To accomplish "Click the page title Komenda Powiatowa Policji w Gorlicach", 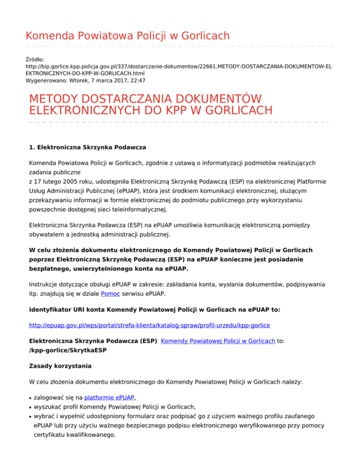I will (120, 36).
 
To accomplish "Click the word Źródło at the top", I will (35, 60).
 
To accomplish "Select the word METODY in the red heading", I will (58, 100).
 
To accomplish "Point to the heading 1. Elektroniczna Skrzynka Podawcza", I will (88, 147).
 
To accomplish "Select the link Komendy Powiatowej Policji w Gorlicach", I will (217, 342).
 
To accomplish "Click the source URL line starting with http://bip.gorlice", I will (178, 67).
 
